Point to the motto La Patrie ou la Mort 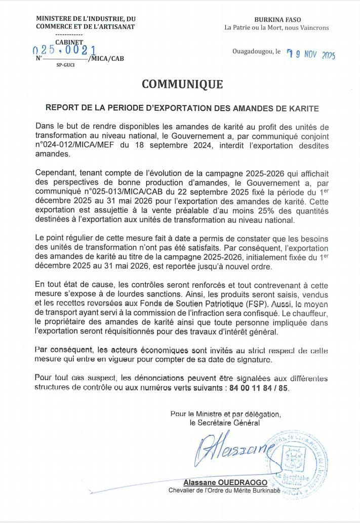pyautogui.click(x=256, y=27)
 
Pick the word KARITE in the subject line pyautogui.click(x=303, y=108)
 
